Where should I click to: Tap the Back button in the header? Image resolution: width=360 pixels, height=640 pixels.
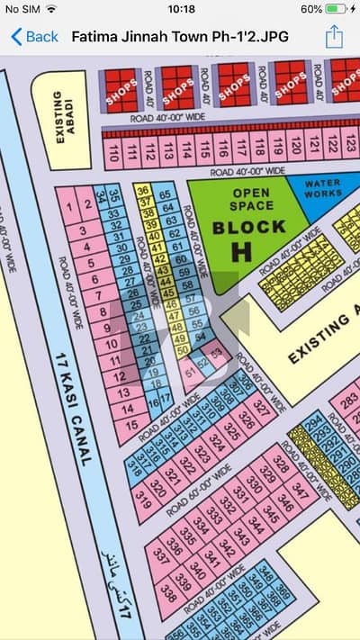click(x=34, y=37)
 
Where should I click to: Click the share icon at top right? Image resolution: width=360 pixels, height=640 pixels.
click(x=335, y=37)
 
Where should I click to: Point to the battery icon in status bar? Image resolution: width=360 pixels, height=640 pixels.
click(x=337, y=9)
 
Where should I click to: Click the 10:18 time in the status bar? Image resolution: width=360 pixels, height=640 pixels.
click(x=181, y=9)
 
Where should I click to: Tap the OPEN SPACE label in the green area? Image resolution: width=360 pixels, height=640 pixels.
click(x=251, y=199)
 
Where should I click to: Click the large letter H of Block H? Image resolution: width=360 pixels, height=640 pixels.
click(x=241, y=253)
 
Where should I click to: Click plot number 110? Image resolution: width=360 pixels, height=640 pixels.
click(x=113, y=150)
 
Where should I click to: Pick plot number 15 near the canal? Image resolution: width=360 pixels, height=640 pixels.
click(x=131, y=424)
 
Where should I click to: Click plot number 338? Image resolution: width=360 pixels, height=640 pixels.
click(x=168, y=592)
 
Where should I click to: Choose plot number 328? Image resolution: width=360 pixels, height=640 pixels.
click(x=282, y=464)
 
